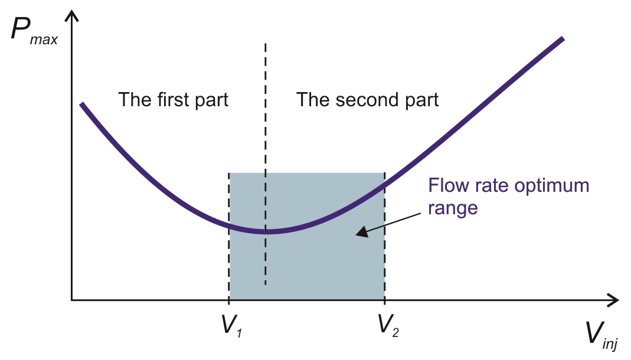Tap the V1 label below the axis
[x=232, y=325]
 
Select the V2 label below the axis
[x=388, y=325]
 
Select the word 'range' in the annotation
[x=453, y=208]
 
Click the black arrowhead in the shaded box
[x=362, y=232]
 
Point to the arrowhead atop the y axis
[x=71, y=16]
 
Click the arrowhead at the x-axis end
[x=613, y=300]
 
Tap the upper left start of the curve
[x=81, y=104]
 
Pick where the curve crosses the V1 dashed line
[x=229, y=224]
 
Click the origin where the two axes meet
[x=71, y=300]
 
